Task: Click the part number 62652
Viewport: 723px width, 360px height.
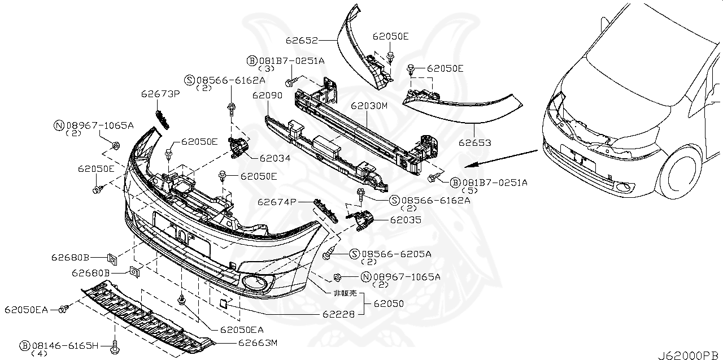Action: (302, 41)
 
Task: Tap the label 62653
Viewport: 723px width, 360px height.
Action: (474, 143)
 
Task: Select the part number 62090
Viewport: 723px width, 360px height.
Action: (267, 96)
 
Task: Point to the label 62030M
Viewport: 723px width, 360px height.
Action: (368, 106)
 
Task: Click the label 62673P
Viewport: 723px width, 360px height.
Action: (160, 94)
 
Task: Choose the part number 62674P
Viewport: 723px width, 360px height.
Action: (277, 201)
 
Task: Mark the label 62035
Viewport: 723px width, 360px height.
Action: (405, 220)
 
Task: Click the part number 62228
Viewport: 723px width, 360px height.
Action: (339, 314)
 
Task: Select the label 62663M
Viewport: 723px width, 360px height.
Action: (258, 342)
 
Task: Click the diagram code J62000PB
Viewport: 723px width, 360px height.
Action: (689, 355)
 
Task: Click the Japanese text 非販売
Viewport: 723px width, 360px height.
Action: (345, 293)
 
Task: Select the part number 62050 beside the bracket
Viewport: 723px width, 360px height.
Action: (388, 303)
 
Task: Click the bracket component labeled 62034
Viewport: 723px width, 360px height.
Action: (238, 146)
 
